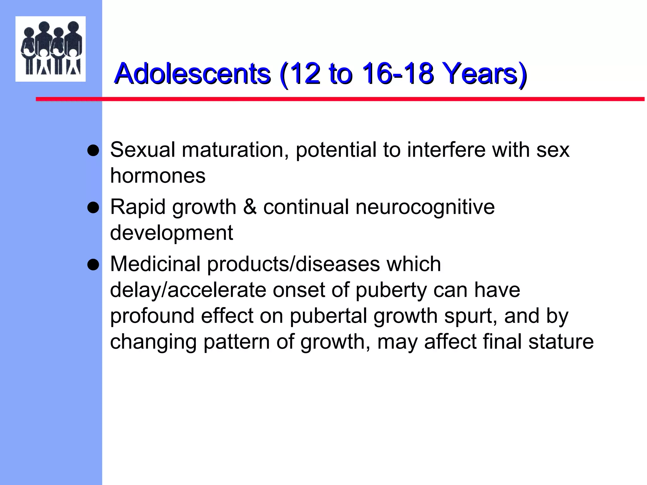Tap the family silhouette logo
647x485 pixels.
tap(51, 49)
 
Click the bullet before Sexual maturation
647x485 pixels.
tap(93, 151)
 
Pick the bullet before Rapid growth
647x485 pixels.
tap(93, 208)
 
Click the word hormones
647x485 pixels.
tap(158, 176)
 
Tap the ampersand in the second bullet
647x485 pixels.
tap(250, 207)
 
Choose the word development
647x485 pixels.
tap(172, 233)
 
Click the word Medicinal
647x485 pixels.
tap(155, 264)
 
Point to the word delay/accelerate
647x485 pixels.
tap(188, 290)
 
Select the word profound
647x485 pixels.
tap(152, 316)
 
